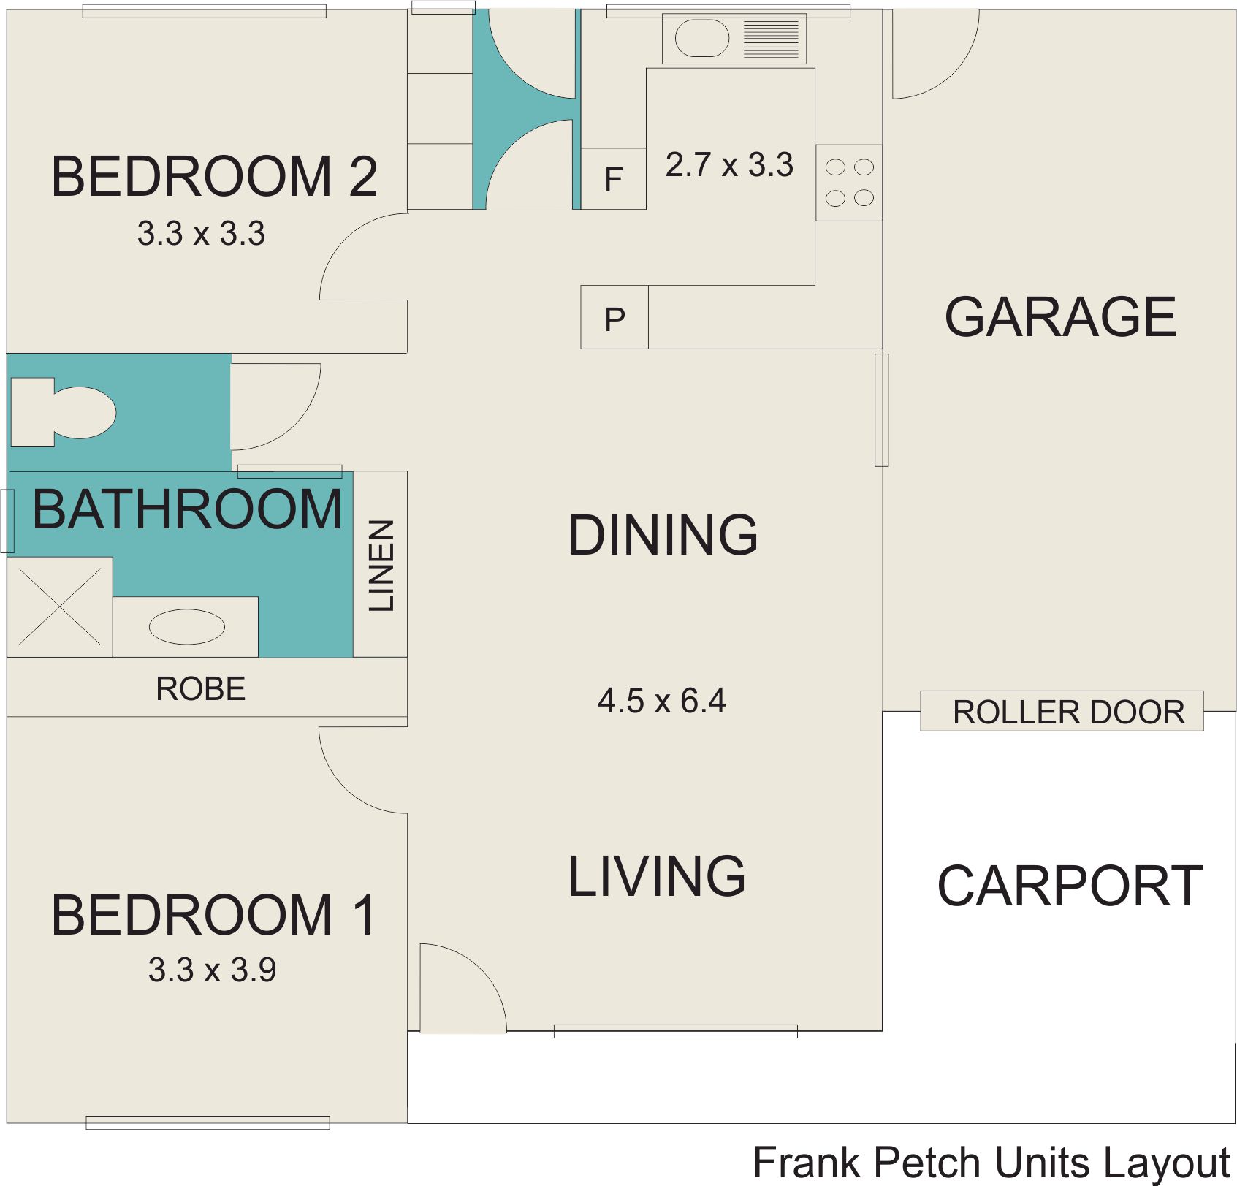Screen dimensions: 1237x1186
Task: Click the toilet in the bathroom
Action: (64, 412)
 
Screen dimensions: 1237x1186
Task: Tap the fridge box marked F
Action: (613, 178)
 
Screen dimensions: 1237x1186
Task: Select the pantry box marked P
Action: (614, 317)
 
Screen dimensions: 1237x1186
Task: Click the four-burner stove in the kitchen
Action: (849, 183)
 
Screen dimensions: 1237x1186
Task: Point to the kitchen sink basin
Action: (702, 38)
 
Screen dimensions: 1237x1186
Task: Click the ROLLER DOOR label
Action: (1068, 712)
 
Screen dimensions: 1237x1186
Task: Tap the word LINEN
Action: (381, 565)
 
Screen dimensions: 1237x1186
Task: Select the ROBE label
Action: (200, 688)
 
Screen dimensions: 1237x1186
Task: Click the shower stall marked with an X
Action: (60, 607)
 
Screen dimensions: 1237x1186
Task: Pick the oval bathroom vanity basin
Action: (186, 627)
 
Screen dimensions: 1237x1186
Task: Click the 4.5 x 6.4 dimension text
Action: (661, 701)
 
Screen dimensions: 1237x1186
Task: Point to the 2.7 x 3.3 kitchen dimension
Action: (729, 164)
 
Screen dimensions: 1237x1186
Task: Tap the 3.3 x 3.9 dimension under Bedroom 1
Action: (212, 970)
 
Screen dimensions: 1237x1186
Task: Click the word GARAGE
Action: (1060, 316)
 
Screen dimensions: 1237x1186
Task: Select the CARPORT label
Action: (1070, 886)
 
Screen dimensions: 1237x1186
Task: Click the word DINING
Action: (663, 534)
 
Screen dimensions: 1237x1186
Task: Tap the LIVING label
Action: (657, 875)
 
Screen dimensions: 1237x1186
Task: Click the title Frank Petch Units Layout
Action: (991, 1163)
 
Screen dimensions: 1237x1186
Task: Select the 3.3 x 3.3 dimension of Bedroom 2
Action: (201, 233)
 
